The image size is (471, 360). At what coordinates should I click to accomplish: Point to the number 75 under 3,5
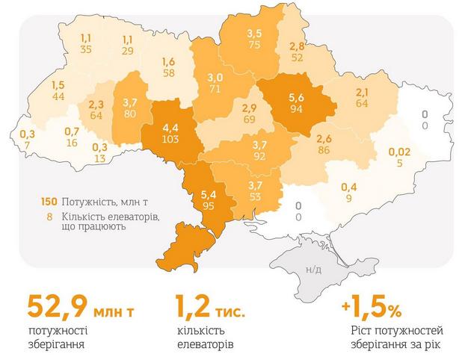tap(255, 45)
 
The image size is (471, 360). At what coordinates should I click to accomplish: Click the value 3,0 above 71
tap(215, 78)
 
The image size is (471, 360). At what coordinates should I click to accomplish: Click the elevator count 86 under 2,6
tap(324, 150)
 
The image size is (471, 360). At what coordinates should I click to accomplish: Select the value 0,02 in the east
tap(399, 152)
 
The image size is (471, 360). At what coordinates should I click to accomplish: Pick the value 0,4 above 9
tap(349, 187)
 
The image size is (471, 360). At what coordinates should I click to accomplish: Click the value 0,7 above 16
tap(72, 131)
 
